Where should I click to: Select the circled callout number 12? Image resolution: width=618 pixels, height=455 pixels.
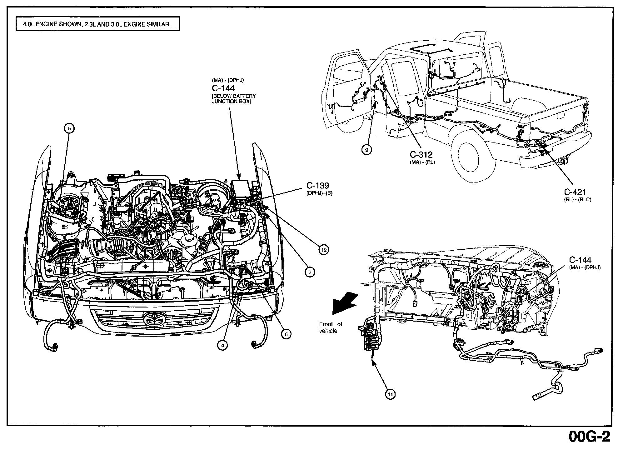[x=324, y=250]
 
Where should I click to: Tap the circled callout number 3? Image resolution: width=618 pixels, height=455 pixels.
[x=310, y=272]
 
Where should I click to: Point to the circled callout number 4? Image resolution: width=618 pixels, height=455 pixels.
[x=222, y=345]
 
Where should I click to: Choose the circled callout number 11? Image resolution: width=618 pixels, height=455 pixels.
[x=390, y=395]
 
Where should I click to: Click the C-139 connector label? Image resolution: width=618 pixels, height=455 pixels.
[x=318, y=186]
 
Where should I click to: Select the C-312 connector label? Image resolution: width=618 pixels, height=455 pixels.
[x=421, y=155]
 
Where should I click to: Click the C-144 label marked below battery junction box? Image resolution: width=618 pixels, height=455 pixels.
[x=223, y=88]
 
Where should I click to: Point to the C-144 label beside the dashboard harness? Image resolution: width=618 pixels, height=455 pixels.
[x=580, y=260]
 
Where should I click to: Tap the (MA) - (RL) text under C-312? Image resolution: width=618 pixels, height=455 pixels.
[x=422, y=162]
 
